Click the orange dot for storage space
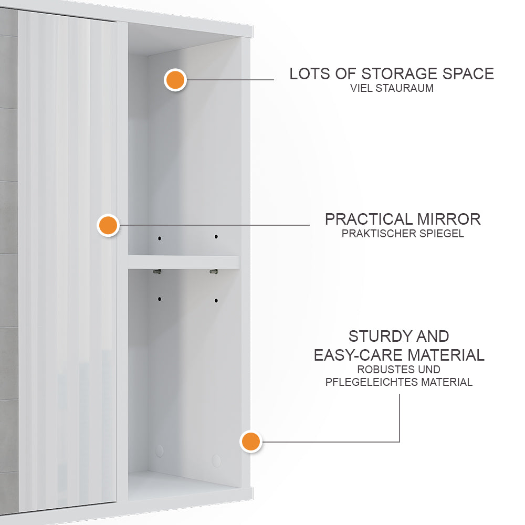175,80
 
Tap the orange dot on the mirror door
108,225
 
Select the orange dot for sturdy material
250,442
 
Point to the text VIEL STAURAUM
392,88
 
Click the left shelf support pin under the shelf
157,272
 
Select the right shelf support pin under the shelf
213,272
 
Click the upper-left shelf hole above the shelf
160,238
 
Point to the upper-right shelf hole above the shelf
216,237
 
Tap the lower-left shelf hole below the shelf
160,299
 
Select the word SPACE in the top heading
467,73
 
